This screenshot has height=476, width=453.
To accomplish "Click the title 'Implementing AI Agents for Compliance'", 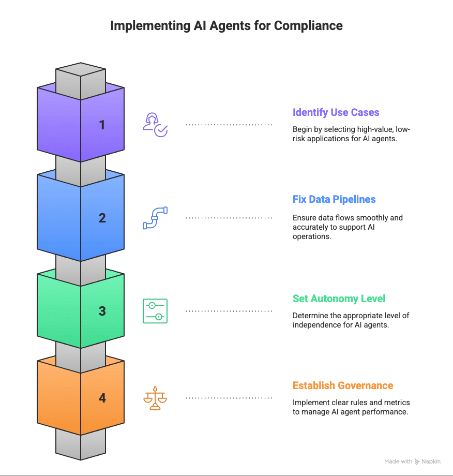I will [226, 26].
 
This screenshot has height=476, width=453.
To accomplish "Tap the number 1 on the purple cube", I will [102, 125].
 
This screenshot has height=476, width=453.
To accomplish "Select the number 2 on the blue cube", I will [102, 218].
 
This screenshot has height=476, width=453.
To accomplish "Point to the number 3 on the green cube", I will [102, 311].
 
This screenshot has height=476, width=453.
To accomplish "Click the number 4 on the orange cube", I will [102, 398].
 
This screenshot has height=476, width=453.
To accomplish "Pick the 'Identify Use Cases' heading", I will [336, 112].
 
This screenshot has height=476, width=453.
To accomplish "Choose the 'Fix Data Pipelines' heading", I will [334, 199].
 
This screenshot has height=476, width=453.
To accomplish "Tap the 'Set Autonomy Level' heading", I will [339, 299].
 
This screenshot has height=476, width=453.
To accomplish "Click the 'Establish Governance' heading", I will [343, 385].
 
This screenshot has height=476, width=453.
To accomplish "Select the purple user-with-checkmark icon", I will [155, 125].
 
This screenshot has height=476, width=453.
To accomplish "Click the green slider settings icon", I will [155, 311].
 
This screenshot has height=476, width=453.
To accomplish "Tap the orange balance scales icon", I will [155, 398].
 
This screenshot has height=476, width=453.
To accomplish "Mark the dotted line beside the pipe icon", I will [229, 218].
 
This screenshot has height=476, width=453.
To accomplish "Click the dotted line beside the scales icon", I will [229, 398].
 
